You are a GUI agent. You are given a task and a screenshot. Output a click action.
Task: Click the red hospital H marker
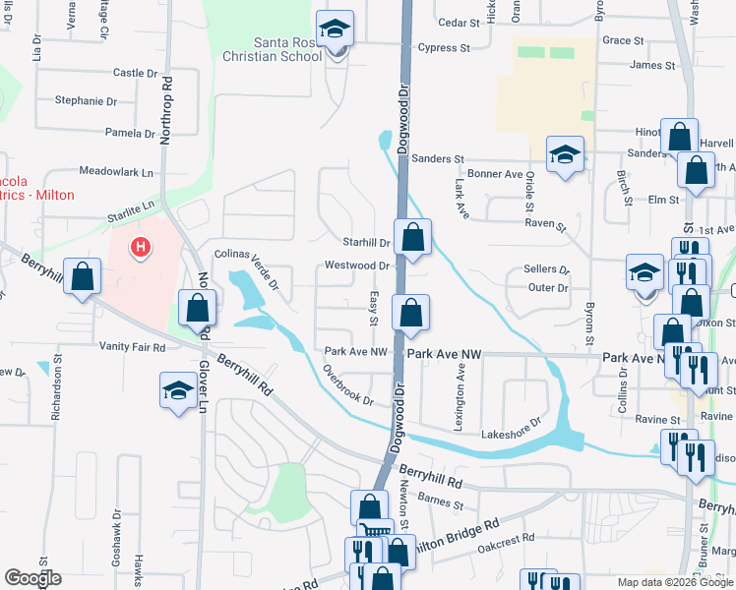141,246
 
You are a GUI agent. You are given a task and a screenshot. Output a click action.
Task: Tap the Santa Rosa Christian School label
288,49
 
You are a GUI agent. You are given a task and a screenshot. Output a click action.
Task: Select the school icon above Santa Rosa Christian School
336,29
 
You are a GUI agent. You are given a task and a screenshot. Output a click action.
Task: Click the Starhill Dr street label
366,242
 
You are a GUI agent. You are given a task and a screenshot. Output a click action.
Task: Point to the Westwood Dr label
358,265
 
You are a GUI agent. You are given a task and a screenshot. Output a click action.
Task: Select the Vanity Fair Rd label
132,347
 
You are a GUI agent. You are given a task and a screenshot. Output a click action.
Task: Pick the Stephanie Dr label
86,101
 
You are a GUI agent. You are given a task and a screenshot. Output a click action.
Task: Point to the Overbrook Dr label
348,384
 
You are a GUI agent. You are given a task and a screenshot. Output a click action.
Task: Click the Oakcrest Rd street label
506,539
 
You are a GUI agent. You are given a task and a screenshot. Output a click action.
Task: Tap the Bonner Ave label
495,174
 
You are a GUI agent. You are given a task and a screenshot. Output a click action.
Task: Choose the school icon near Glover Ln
177,391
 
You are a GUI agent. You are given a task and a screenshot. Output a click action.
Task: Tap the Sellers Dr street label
547,268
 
